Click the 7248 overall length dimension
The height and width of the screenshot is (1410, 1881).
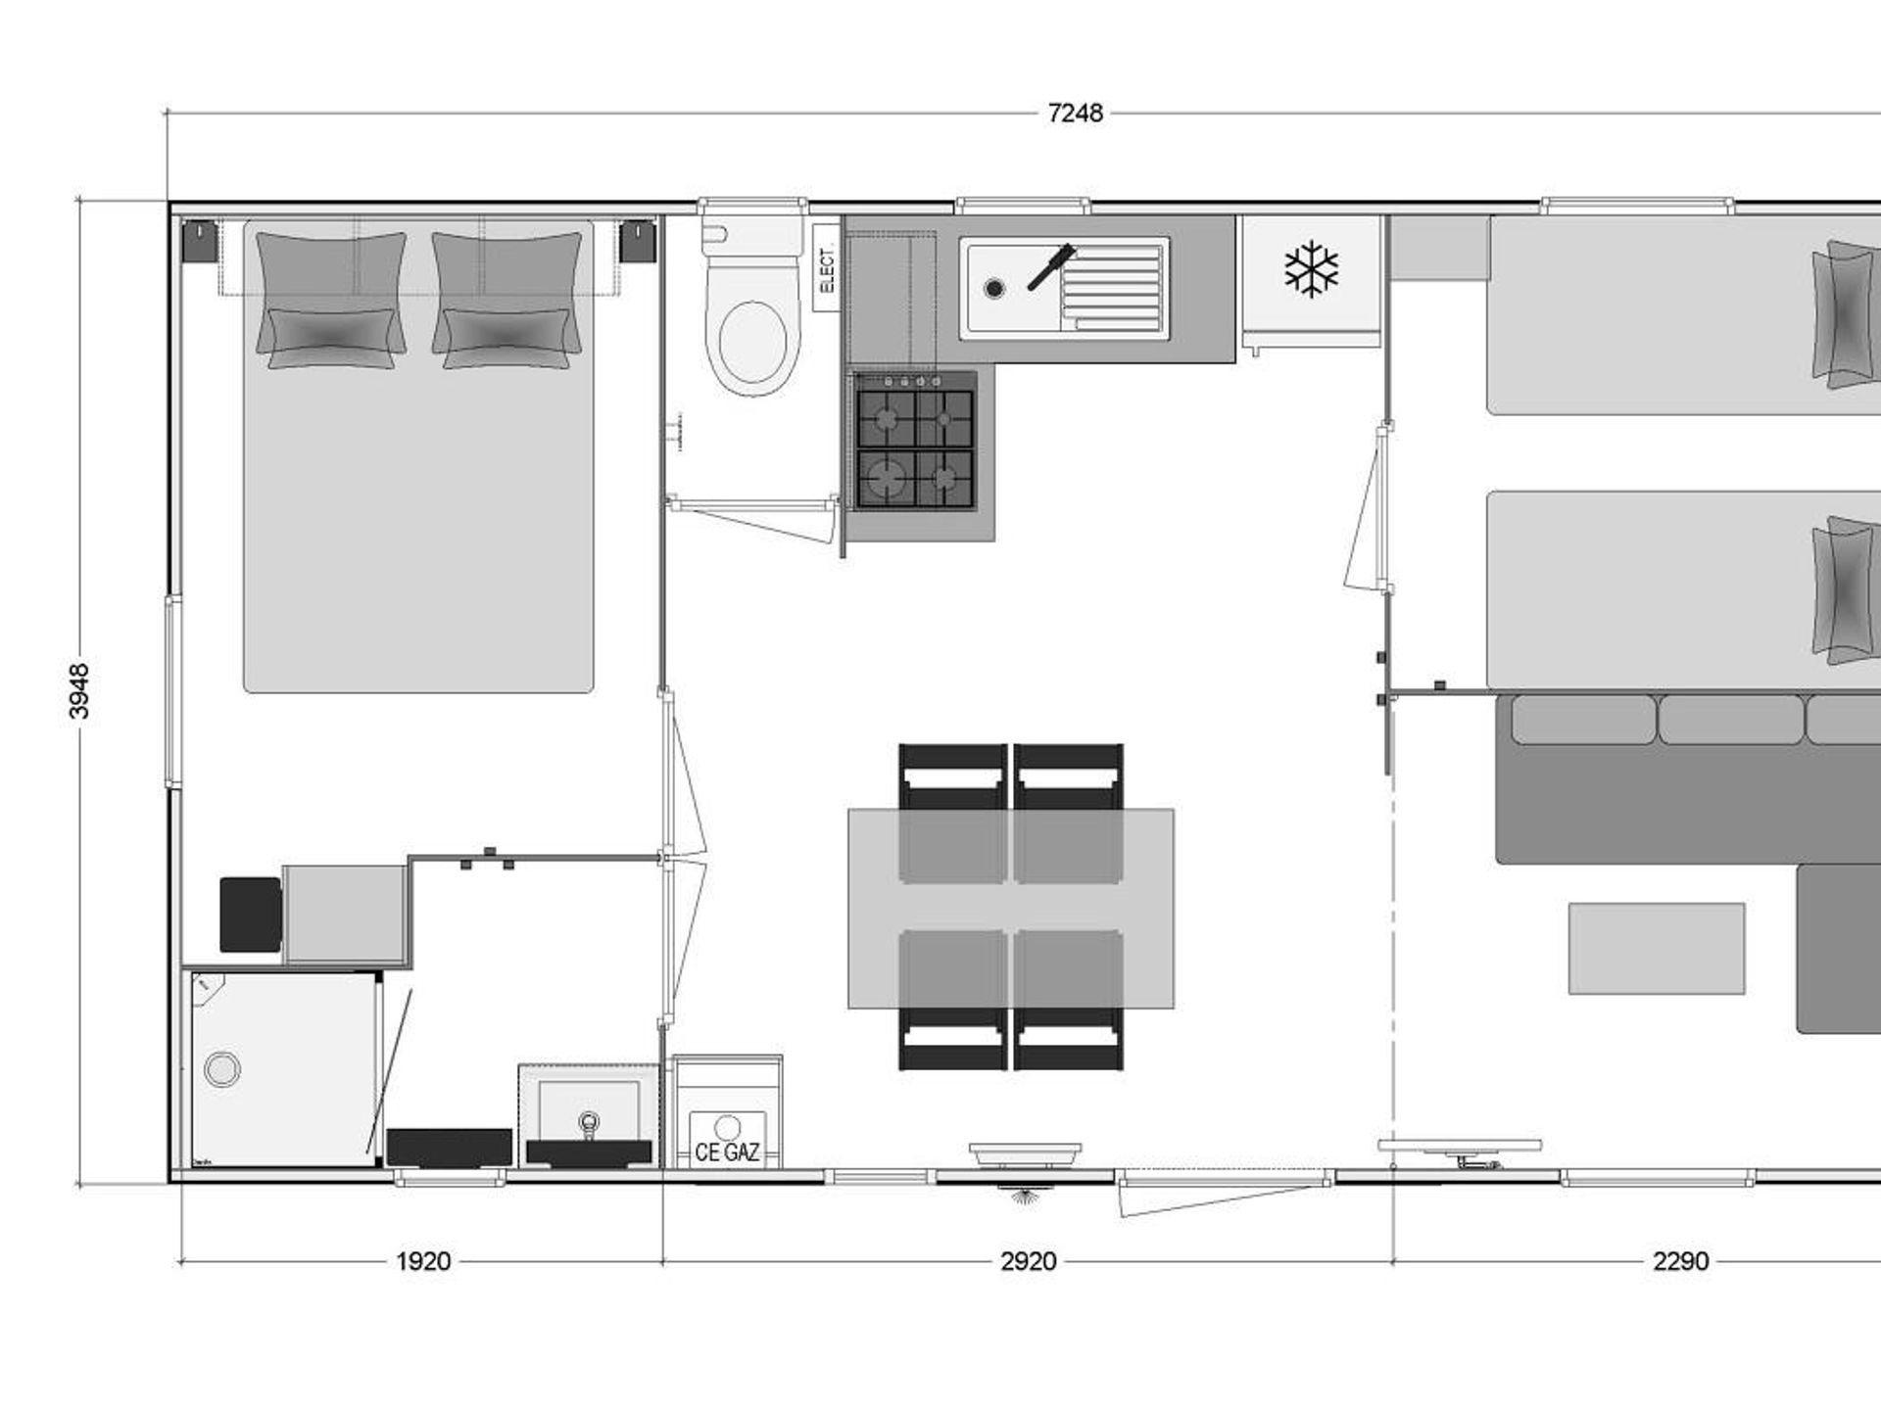point(1075,114)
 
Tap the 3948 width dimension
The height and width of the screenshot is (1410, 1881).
point(79,691)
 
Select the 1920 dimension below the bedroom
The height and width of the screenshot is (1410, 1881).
point(423,1261)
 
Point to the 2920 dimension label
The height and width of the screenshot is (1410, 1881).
point(1029,1261)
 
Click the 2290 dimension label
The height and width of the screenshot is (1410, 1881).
point(1681,1261)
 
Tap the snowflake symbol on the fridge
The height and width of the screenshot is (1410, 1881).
point(1311,269)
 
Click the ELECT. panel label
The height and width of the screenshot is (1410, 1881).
point(827,268)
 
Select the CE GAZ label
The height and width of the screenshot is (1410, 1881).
point(727,1152)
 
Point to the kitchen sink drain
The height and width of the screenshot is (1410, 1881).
point(994,288)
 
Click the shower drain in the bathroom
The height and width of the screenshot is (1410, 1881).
point(222,1069)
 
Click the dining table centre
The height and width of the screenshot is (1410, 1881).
point(1011,909)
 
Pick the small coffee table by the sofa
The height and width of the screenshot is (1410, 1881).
point(1657,949)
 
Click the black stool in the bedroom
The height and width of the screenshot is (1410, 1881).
point(251,915)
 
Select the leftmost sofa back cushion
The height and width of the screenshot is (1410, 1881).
point(1583,720)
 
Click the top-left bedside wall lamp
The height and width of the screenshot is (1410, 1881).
point(200,241)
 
